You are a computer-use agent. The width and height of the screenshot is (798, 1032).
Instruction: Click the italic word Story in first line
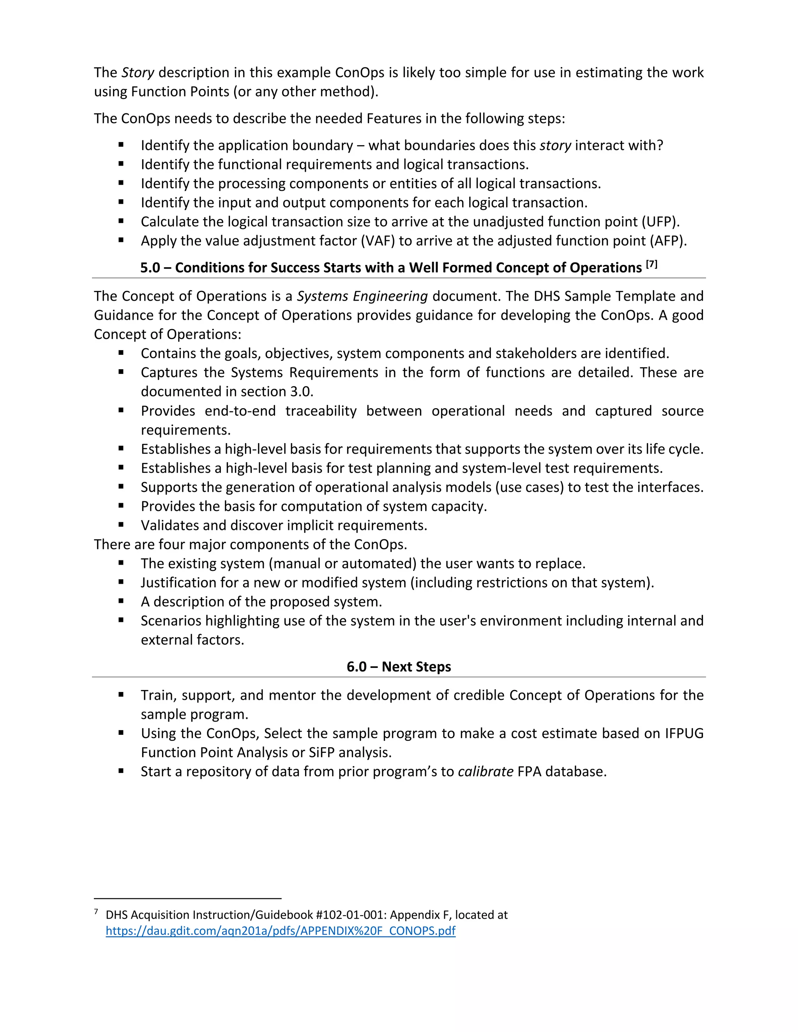click(138, 72)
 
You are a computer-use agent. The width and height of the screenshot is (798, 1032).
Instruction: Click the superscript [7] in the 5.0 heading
click(651, 264)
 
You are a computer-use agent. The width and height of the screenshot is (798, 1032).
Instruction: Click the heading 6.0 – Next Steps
click(399, 667)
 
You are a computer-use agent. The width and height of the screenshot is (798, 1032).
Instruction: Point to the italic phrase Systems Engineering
click(362, 296)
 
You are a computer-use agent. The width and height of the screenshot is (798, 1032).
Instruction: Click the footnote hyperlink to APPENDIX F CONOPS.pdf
click(280, 931)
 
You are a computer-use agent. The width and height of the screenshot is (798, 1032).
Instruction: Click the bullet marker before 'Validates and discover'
click(121, 525)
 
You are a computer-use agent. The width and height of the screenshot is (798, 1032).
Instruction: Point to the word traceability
click(321, 411)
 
